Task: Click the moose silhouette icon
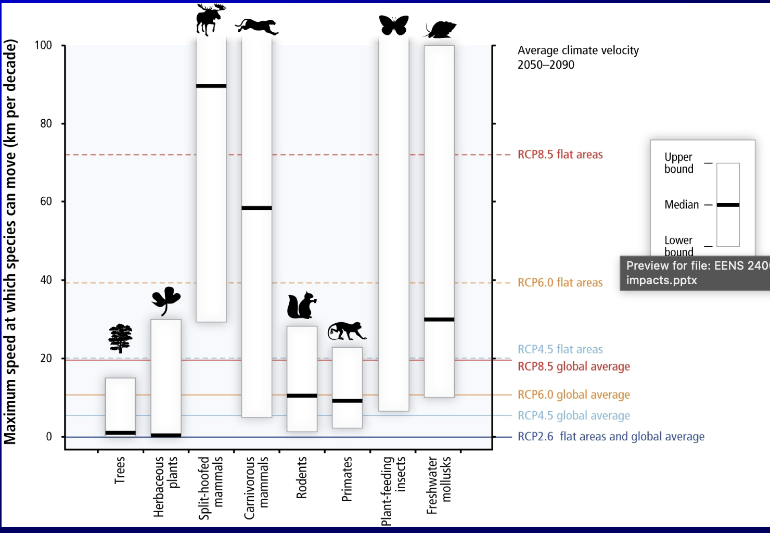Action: click(210, 19)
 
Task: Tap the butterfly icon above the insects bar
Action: click(394, 25)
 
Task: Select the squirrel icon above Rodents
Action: click(301, 306)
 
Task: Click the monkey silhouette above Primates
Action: click(346, 331)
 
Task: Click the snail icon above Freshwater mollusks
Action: click(440, 30)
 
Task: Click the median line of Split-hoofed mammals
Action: click(211, 86)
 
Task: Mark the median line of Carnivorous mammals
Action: click(256, 208)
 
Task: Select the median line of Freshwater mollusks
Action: click(439, 319)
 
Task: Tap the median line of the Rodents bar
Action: click(302, 396)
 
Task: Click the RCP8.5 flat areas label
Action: click(560, 155)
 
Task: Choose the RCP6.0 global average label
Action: click(573, 395)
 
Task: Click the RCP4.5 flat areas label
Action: click(560, 349)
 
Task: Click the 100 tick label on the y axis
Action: click(43, 45)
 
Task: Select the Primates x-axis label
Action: click(347, 479)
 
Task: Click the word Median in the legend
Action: click(682, 205)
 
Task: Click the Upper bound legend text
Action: click(678, 163)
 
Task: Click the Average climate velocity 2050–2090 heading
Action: click(577, 57)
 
